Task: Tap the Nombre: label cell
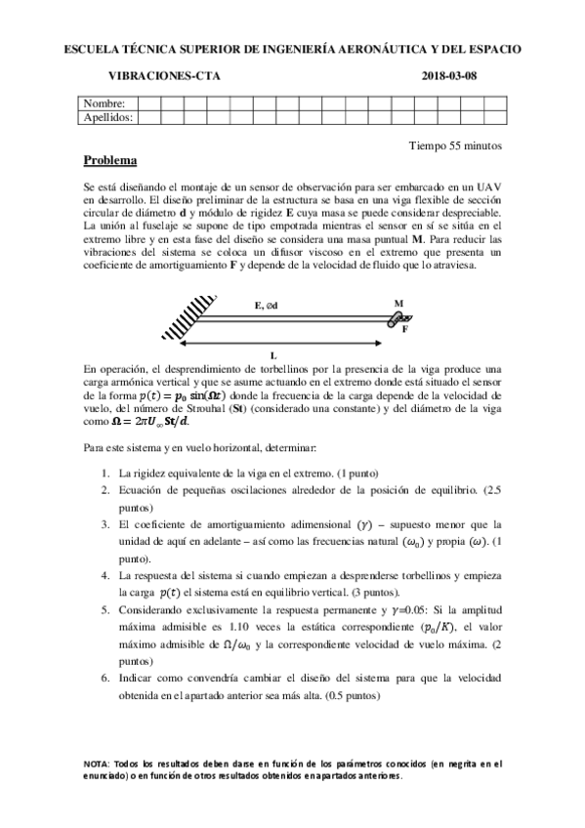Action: tap(104, 103)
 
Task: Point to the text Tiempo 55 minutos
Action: tap(454, 145)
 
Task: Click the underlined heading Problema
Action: tap(110, 160)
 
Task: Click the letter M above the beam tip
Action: tap(398, 304)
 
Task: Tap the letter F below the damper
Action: tap(405, 329)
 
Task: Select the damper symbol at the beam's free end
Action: tap(397, 317)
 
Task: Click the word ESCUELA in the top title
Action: tap(92, 47)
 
